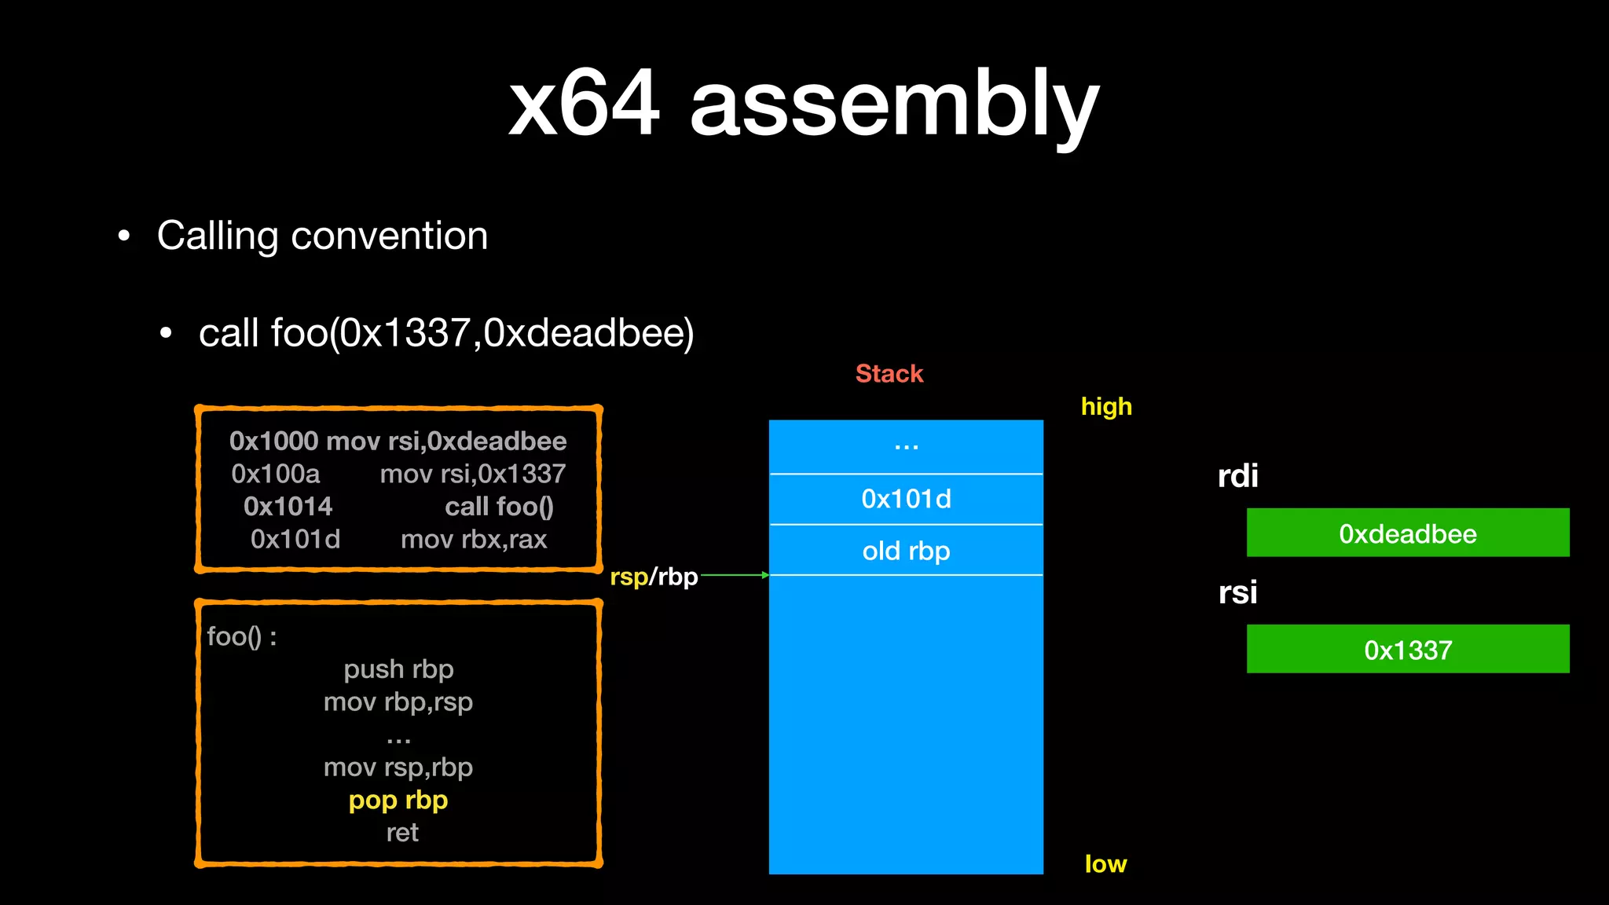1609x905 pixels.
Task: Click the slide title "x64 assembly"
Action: click(x=803, y=104)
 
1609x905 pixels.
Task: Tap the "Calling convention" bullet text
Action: click(x=322, y=236)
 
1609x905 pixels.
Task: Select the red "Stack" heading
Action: click(x=889, y=374)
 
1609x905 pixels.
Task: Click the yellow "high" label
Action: click(x=1106, y=407)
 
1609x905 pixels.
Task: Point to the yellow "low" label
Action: click(x=1105, y=864)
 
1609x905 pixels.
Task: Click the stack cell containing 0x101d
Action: click(x=906, y=500)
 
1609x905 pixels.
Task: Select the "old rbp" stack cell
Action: click(x=906, y=551)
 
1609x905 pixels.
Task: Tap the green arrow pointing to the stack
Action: click(x=735, y=575)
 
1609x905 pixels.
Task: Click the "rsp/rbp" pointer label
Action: click(x=654, y=577)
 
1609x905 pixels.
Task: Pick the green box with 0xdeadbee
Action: click(x=1407, y=533)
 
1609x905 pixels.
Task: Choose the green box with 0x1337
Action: click(x=1407, y=650)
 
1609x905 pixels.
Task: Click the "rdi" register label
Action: click(x=1237, y=476)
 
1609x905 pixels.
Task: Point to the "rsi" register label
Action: click(x=1237, y=592)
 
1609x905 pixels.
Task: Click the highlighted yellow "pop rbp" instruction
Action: click(x=398, y=801)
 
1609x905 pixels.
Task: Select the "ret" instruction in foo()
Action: click(x=402, y=833)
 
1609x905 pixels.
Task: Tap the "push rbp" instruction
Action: click(x=398, y=669)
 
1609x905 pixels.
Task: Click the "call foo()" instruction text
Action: click(x=499, y=507)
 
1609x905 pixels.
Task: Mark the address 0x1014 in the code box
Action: click(x=288, y=507)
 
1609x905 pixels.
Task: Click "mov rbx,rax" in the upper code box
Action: click(x=474, y=540)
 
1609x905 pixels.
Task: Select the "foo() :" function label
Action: click(x=241, y=636)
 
